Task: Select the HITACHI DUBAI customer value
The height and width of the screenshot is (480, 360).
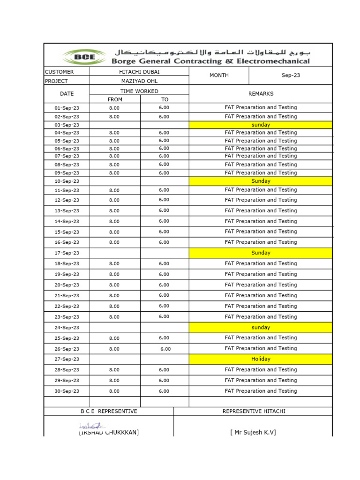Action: pos(139,72)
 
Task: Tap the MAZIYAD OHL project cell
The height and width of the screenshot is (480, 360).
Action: pos(139,81)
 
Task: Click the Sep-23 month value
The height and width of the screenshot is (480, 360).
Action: pos(291,75)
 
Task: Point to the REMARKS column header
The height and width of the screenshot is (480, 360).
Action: pos(261,94)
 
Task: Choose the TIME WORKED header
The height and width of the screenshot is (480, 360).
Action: pos(139,91)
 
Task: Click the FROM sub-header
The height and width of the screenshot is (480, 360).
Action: pos(115,99)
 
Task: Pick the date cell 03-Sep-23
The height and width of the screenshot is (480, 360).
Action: pos(67,125)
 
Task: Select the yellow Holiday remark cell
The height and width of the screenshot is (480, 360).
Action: pos(261,359)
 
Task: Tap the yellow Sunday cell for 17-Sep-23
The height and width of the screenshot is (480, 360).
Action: pos(261,253)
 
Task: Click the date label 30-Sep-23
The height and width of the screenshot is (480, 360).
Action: pos(67,391)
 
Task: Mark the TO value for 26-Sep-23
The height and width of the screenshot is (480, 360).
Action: pos(165,349)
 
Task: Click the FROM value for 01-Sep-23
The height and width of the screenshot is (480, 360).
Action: pos(114,108)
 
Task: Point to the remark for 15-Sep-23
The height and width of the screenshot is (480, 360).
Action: pos(261,232)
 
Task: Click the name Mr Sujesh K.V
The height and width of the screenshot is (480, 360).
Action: pos(253,432)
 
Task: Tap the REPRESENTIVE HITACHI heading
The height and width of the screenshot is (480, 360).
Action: pos(254,412)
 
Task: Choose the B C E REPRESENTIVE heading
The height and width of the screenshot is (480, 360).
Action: pos(109,412)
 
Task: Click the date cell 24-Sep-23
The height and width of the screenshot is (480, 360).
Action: pos(67,328)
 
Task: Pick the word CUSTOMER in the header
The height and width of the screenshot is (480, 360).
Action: pos(59,72)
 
